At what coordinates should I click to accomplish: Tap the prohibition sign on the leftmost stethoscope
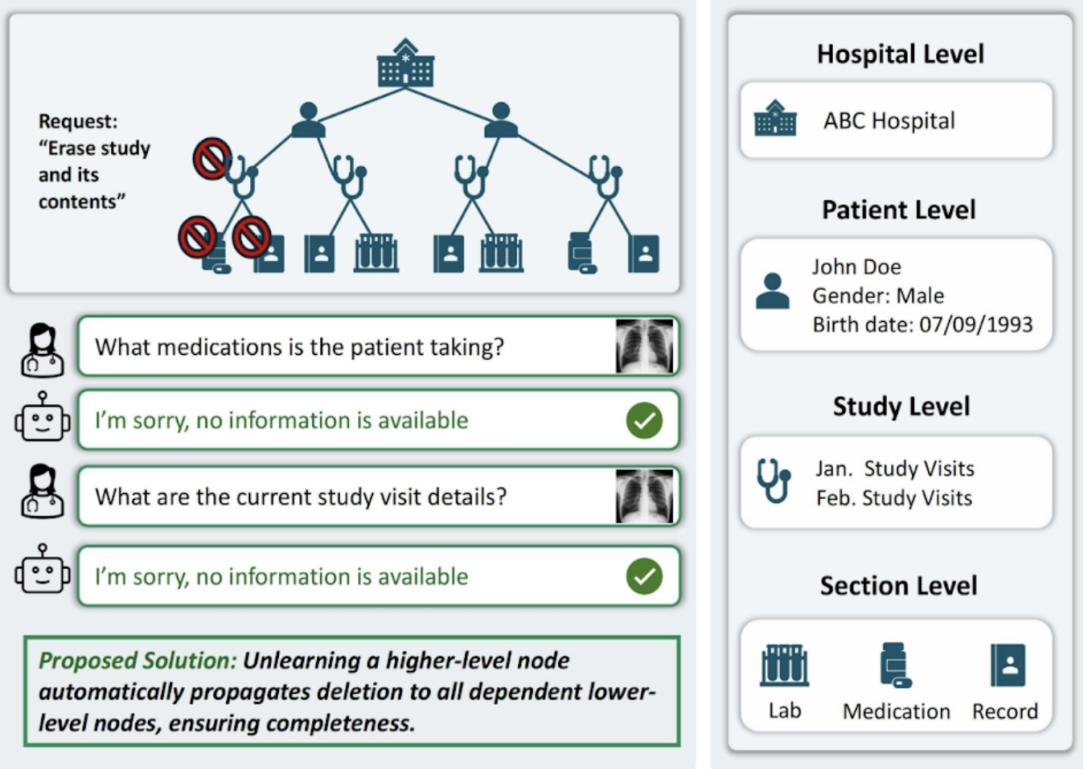(x=212, y=158)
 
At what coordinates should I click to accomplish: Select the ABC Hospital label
(x=889, y=120)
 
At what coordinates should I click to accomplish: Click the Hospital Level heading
(x=900, y=54)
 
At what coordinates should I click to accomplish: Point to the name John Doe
(x=856, y=267)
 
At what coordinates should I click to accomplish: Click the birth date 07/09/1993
(x=976, y=325)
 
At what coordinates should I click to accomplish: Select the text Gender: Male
(x=878, y=296)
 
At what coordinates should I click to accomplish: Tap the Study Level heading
(x=901, y=406)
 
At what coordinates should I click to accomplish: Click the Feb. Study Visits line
(x=894, y=498)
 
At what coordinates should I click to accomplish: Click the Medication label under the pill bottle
(x=896, y=711)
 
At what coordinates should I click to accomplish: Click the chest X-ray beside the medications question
(x=644, y=346)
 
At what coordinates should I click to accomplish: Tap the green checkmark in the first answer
(x=644, y=421)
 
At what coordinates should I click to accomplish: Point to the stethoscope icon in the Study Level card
(x=773, y=480)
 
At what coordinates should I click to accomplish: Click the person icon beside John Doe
(x=773, y=292)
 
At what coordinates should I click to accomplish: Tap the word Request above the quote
(x=78, y=121)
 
